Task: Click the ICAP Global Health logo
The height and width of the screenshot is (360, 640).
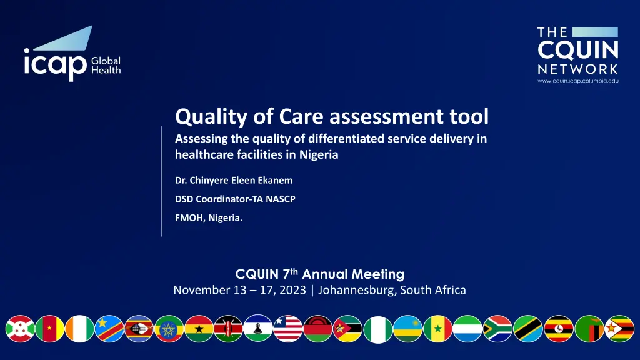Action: coord(72,54)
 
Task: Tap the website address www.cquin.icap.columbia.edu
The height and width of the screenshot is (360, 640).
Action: coord(578,81)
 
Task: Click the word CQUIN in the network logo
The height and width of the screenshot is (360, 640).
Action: coord(578,51)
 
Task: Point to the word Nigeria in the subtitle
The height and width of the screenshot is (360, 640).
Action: coord(319,155)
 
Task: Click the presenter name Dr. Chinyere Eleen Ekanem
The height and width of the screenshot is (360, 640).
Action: coord(234,180)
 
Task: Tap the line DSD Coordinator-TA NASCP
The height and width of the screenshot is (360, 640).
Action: coord(235,199)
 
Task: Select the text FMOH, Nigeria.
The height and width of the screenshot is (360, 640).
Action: coord(209,218)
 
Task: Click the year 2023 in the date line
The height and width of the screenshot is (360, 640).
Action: coord(293,290)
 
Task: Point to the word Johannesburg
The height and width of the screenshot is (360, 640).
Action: coord(356,290)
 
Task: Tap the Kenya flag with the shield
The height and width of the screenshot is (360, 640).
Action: coord(229,329)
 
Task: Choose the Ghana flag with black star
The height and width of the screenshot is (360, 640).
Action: coord(199,329)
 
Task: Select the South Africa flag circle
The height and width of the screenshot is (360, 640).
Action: coord(497,329)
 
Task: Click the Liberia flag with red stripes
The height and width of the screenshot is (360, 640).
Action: coord(288,329)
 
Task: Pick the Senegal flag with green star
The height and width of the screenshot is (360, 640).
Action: coord(438,329)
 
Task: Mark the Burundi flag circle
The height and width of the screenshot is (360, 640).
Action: coord(20,329)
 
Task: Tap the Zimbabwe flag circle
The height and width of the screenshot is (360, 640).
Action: coord(619,329)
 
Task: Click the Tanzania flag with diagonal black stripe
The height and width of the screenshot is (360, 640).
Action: coord(527,329)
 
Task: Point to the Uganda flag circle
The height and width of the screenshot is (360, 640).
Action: coord(559,329)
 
